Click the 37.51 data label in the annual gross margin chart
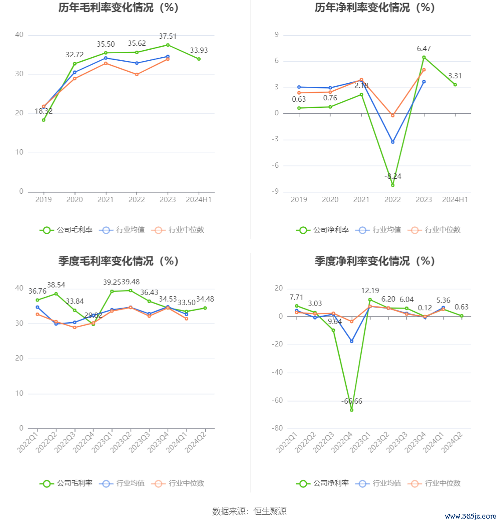click(x=168, y=37)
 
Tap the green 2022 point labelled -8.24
click(x=393, y=185)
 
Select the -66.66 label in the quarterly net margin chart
click(x=352, y=401)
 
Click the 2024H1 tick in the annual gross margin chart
click(x=199, y=199)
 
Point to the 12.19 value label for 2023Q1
click(x=370, y=291)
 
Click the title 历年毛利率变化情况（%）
click(x=118, y=7)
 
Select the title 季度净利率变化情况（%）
click(x=374, y=261)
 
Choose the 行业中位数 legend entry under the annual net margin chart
click(x=435, y=229)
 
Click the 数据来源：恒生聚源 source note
click(x=249, y=511)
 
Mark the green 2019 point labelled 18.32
click(x=44, y=120)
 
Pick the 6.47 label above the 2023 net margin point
click(x=424, y=48)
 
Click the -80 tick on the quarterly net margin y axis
click(x=277, y=428)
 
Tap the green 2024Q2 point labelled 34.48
click(x=205, y=308)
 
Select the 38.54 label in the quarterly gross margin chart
click(x=56, y=285)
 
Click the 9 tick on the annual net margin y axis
click(x=277, y=35)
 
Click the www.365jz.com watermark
click(x=470, y=516)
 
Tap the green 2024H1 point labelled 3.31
click(x=455, y=85)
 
